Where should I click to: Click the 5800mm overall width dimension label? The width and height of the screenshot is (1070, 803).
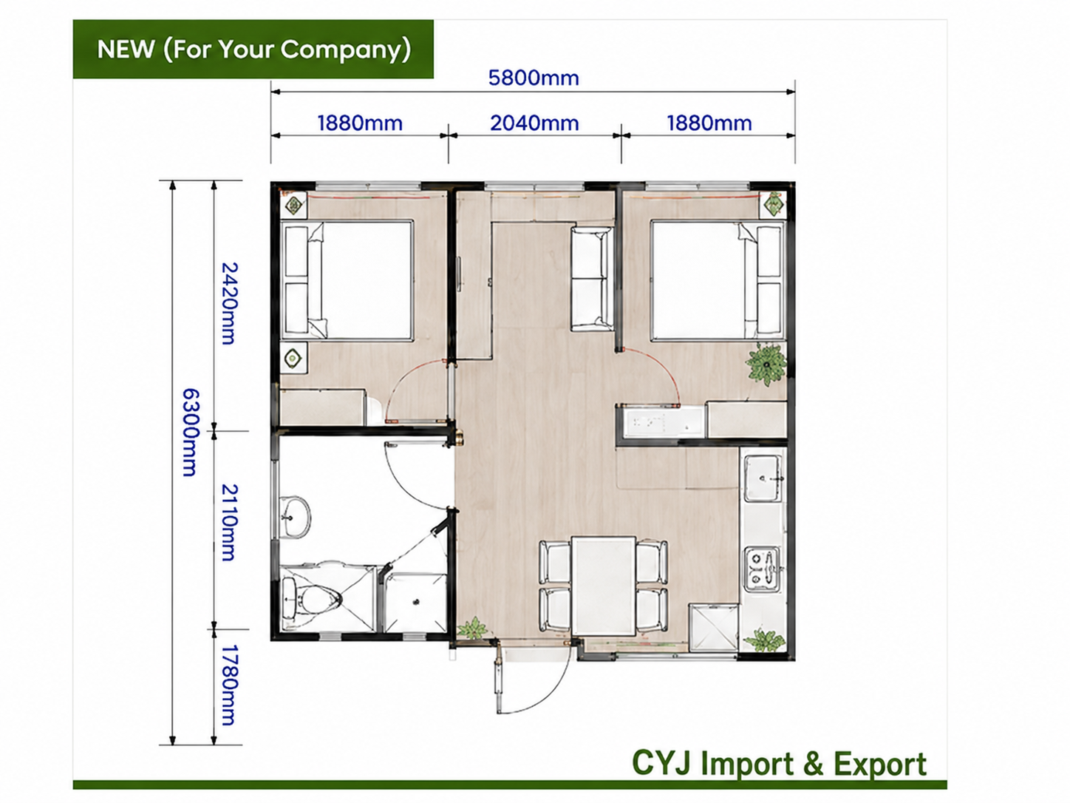pos(534,78)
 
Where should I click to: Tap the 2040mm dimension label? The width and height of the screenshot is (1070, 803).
pos(535,123)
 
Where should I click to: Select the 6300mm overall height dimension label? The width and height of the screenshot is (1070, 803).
pos(190,432)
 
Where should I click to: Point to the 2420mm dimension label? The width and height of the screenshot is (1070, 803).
pos(229,303)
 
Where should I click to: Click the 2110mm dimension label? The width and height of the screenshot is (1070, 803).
pos(229,522)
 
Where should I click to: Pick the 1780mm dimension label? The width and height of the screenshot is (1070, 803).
pos(229,685)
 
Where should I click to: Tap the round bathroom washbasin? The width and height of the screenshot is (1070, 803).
pos(296,518)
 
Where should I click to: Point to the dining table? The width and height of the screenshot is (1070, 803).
pos(604,586)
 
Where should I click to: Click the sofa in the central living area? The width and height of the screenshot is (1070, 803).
pos(592,279)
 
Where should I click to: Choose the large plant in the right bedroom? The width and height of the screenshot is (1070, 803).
pos(766,364)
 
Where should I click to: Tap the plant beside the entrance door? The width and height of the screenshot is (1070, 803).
pos(472,629)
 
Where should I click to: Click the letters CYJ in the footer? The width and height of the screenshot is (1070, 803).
pos(661,762)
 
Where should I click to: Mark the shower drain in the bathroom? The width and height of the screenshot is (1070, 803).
pos(416,603)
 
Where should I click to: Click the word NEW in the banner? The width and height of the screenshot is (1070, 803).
pos(126,50)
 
